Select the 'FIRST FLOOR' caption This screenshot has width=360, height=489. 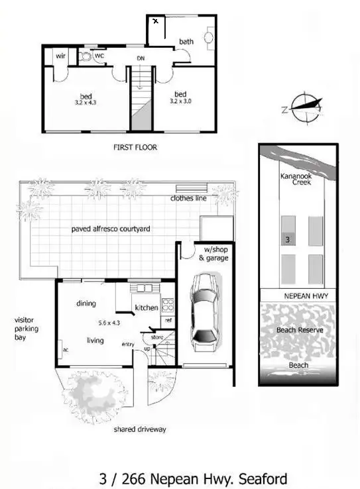[135, 147]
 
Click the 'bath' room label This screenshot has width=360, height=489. [186, 42]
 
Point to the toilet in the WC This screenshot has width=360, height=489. [86, 57]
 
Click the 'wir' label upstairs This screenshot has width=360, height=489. [60, 56]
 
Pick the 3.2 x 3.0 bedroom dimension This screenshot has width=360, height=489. [182, 101]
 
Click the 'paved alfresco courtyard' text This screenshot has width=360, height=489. [111, 229]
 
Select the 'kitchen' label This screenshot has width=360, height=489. [146, 307]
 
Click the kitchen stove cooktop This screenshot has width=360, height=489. [168, 306]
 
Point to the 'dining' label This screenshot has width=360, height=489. [86, 303]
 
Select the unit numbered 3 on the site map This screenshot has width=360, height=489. [287, 240]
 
